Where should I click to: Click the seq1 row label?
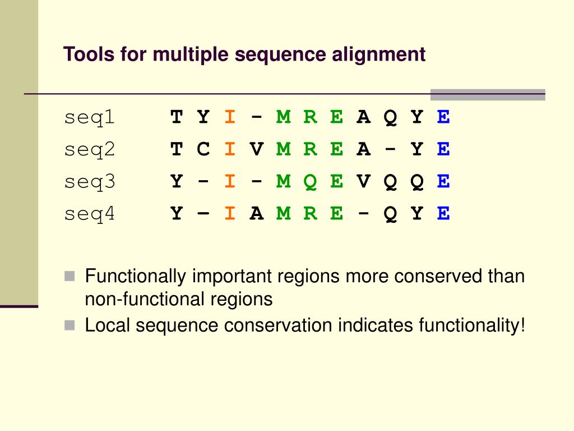coord(89,118)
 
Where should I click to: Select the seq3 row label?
coord(89,182)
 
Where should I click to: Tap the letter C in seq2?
coord(203,150)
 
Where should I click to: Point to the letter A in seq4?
coord(257,214)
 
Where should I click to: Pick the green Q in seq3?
coord(310,182)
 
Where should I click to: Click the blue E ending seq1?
coord(443,118)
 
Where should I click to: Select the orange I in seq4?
coord(230,214)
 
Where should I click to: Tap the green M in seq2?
coord(284,150)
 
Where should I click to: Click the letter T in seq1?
coord(177,118)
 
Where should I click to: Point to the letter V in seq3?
coord(363,182)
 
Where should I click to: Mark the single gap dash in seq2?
coord(390,150)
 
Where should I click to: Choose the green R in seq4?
coord(310,214)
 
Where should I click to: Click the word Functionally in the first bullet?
coord(136,277)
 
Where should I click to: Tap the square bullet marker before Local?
coord(70,325)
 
